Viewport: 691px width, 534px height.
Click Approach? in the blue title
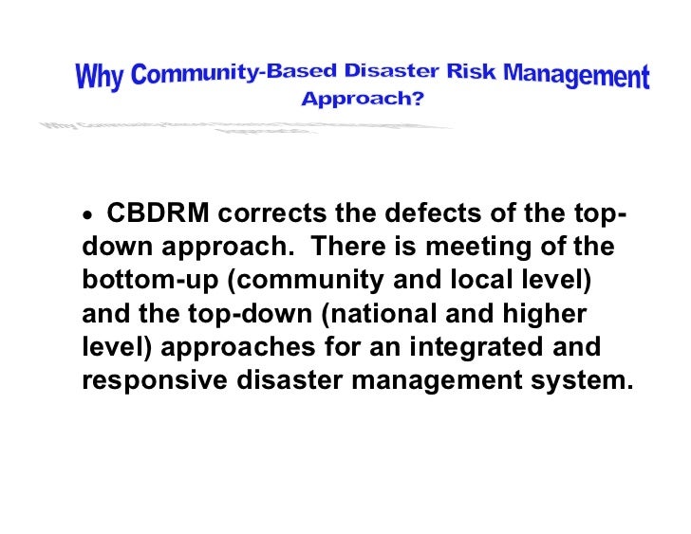click(x=363, y=99)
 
